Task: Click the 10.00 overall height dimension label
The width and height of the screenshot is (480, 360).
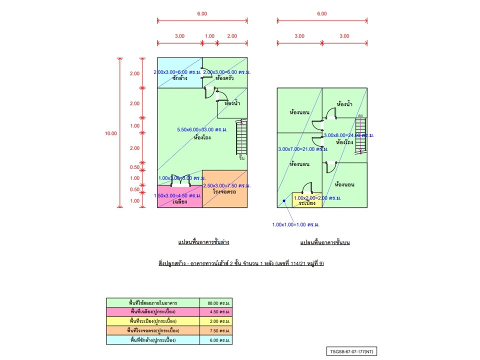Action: (111, 133)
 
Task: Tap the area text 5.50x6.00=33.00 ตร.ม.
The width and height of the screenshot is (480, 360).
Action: (202, 130)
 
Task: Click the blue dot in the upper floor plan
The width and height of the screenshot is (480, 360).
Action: (283, 201)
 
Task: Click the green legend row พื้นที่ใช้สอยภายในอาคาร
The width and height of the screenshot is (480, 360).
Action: (152, 302)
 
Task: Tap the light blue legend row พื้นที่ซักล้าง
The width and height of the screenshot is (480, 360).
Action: (152, 340)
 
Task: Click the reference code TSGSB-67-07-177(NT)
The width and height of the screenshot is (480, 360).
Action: (352, 352)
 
